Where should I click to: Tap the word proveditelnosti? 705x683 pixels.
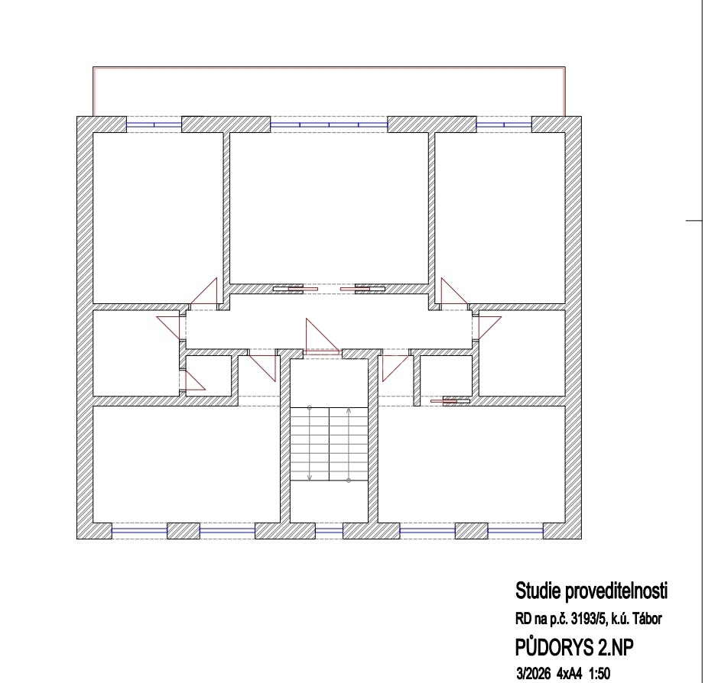point(616,591)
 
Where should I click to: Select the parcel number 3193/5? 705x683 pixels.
point(589,619)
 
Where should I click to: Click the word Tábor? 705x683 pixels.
point(648,619)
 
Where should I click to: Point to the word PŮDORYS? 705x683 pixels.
point(554,647)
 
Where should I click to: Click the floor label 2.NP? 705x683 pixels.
point(616,648)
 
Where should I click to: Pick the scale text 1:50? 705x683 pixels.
point(599,674)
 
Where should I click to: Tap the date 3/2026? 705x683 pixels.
point(534,674)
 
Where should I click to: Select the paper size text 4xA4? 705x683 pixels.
point(569,674)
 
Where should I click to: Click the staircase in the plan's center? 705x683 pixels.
point(329,444)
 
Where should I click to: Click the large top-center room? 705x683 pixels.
point(329,208)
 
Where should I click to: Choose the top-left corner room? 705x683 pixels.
point(158,218)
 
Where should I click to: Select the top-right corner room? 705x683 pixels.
point(500,218)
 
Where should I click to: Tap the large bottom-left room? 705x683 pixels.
point(186,465)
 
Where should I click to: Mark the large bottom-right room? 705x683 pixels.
point(471,465)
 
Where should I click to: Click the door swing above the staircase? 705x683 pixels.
point(322,337)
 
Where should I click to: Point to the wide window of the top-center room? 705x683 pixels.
point(329,125)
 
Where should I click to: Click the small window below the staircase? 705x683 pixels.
point(329,531)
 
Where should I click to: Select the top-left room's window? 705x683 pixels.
point(154,125)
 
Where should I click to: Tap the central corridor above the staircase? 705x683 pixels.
point(329,322)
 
